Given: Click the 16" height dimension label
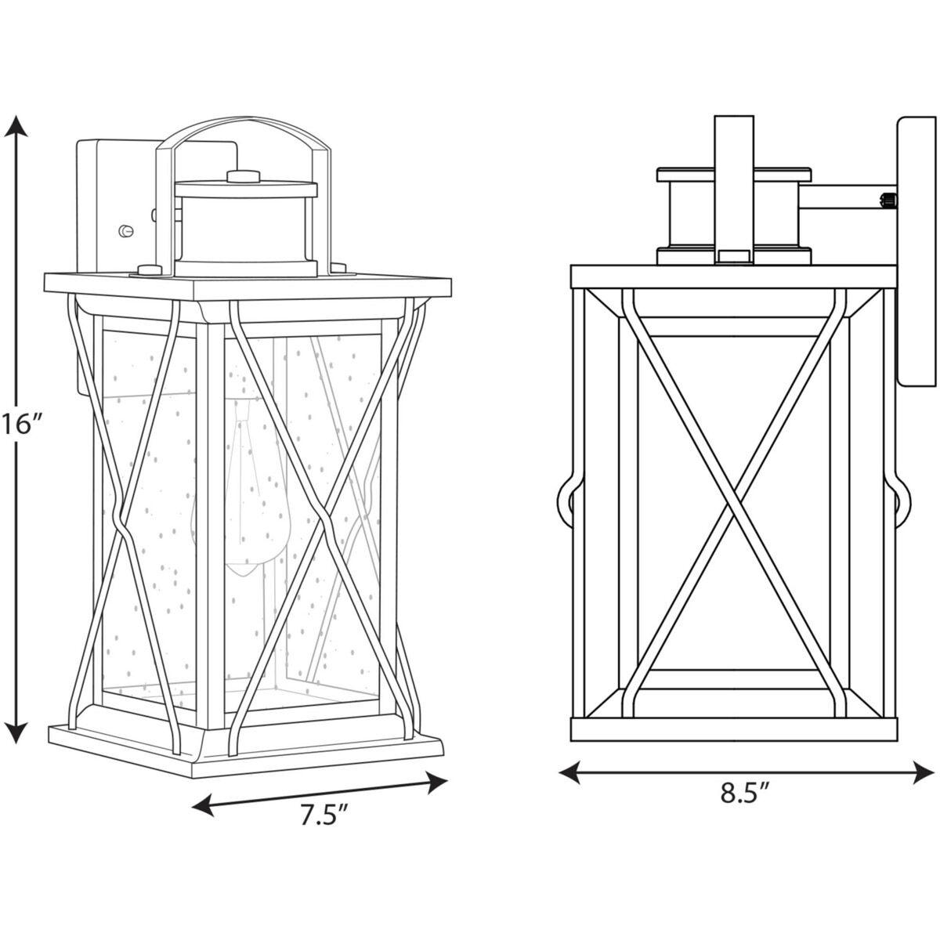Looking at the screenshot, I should click(20, 425).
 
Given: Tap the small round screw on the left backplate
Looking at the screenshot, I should click(125, 230).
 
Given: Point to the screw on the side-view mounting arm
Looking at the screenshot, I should click(888, 200).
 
